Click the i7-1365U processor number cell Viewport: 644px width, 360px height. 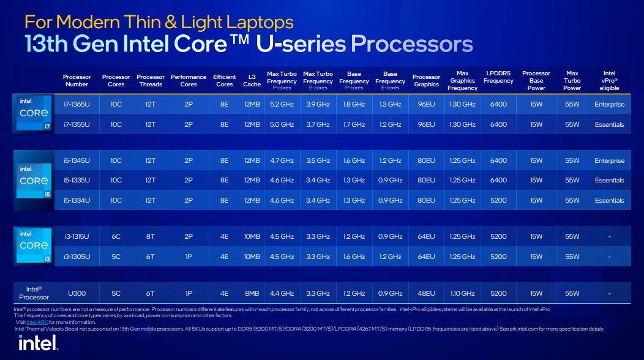click(77, 105)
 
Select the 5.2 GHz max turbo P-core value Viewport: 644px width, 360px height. click(282, 105)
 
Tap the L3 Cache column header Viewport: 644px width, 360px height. click(252, 81)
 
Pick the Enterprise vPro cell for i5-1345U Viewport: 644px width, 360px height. click(609, 161)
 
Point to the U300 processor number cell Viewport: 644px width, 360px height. click(77, 293)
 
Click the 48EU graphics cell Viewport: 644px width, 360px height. click(426, 293)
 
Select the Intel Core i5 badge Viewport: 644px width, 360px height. click(33, 181)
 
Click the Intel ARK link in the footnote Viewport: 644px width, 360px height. click(37, 322)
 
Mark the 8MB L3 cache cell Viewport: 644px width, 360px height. click(252, 293)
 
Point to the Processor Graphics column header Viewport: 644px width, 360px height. click(426, 81)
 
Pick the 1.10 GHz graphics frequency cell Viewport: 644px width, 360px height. click(462, 293)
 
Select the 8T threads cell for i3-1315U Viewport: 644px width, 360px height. click(151, 237)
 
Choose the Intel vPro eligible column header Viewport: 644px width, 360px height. click(609, 81)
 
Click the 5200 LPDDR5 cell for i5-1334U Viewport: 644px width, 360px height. click(498, 200)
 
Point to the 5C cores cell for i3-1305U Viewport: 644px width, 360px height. click(116, 257)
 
